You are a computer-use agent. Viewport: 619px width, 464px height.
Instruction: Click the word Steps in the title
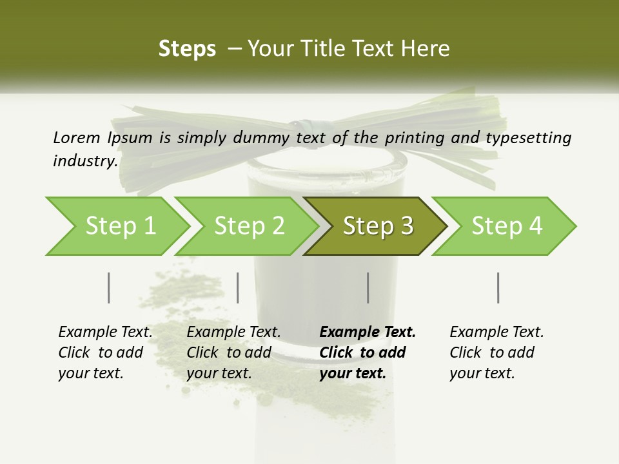tap(187, 49)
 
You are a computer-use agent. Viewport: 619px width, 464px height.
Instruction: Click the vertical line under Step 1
tap(109, 287)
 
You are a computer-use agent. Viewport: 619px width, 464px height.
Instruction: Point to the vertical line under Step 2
tap(238, 287)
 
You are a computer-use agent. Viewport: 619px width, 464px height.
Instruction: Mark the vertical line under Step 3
tap(368, 287)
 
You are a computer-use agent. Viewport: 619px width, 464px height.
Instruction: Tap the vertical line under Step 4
tap(498, 287)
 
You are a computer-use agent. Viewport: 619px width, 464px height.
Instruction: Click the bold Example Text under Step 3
tap(368, 353)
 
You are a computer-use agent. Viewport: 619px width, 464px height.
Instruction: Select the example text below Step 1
tap(105, 353)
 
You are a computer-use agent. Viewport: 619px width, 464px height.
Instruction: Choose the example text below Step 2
tap(233, 353)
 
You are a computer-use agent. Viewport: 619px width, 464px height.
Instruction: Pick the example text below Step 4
tap(496, 353)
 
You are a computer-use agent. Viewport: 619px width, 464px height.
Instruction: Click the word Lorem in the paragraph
tap(77, 137)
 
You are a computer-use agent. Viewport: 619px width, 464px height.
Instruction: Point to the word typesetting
tap(528, 138)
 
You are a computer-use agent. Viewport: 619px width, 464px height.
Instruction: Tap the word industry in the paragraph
tap(85, 161)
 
